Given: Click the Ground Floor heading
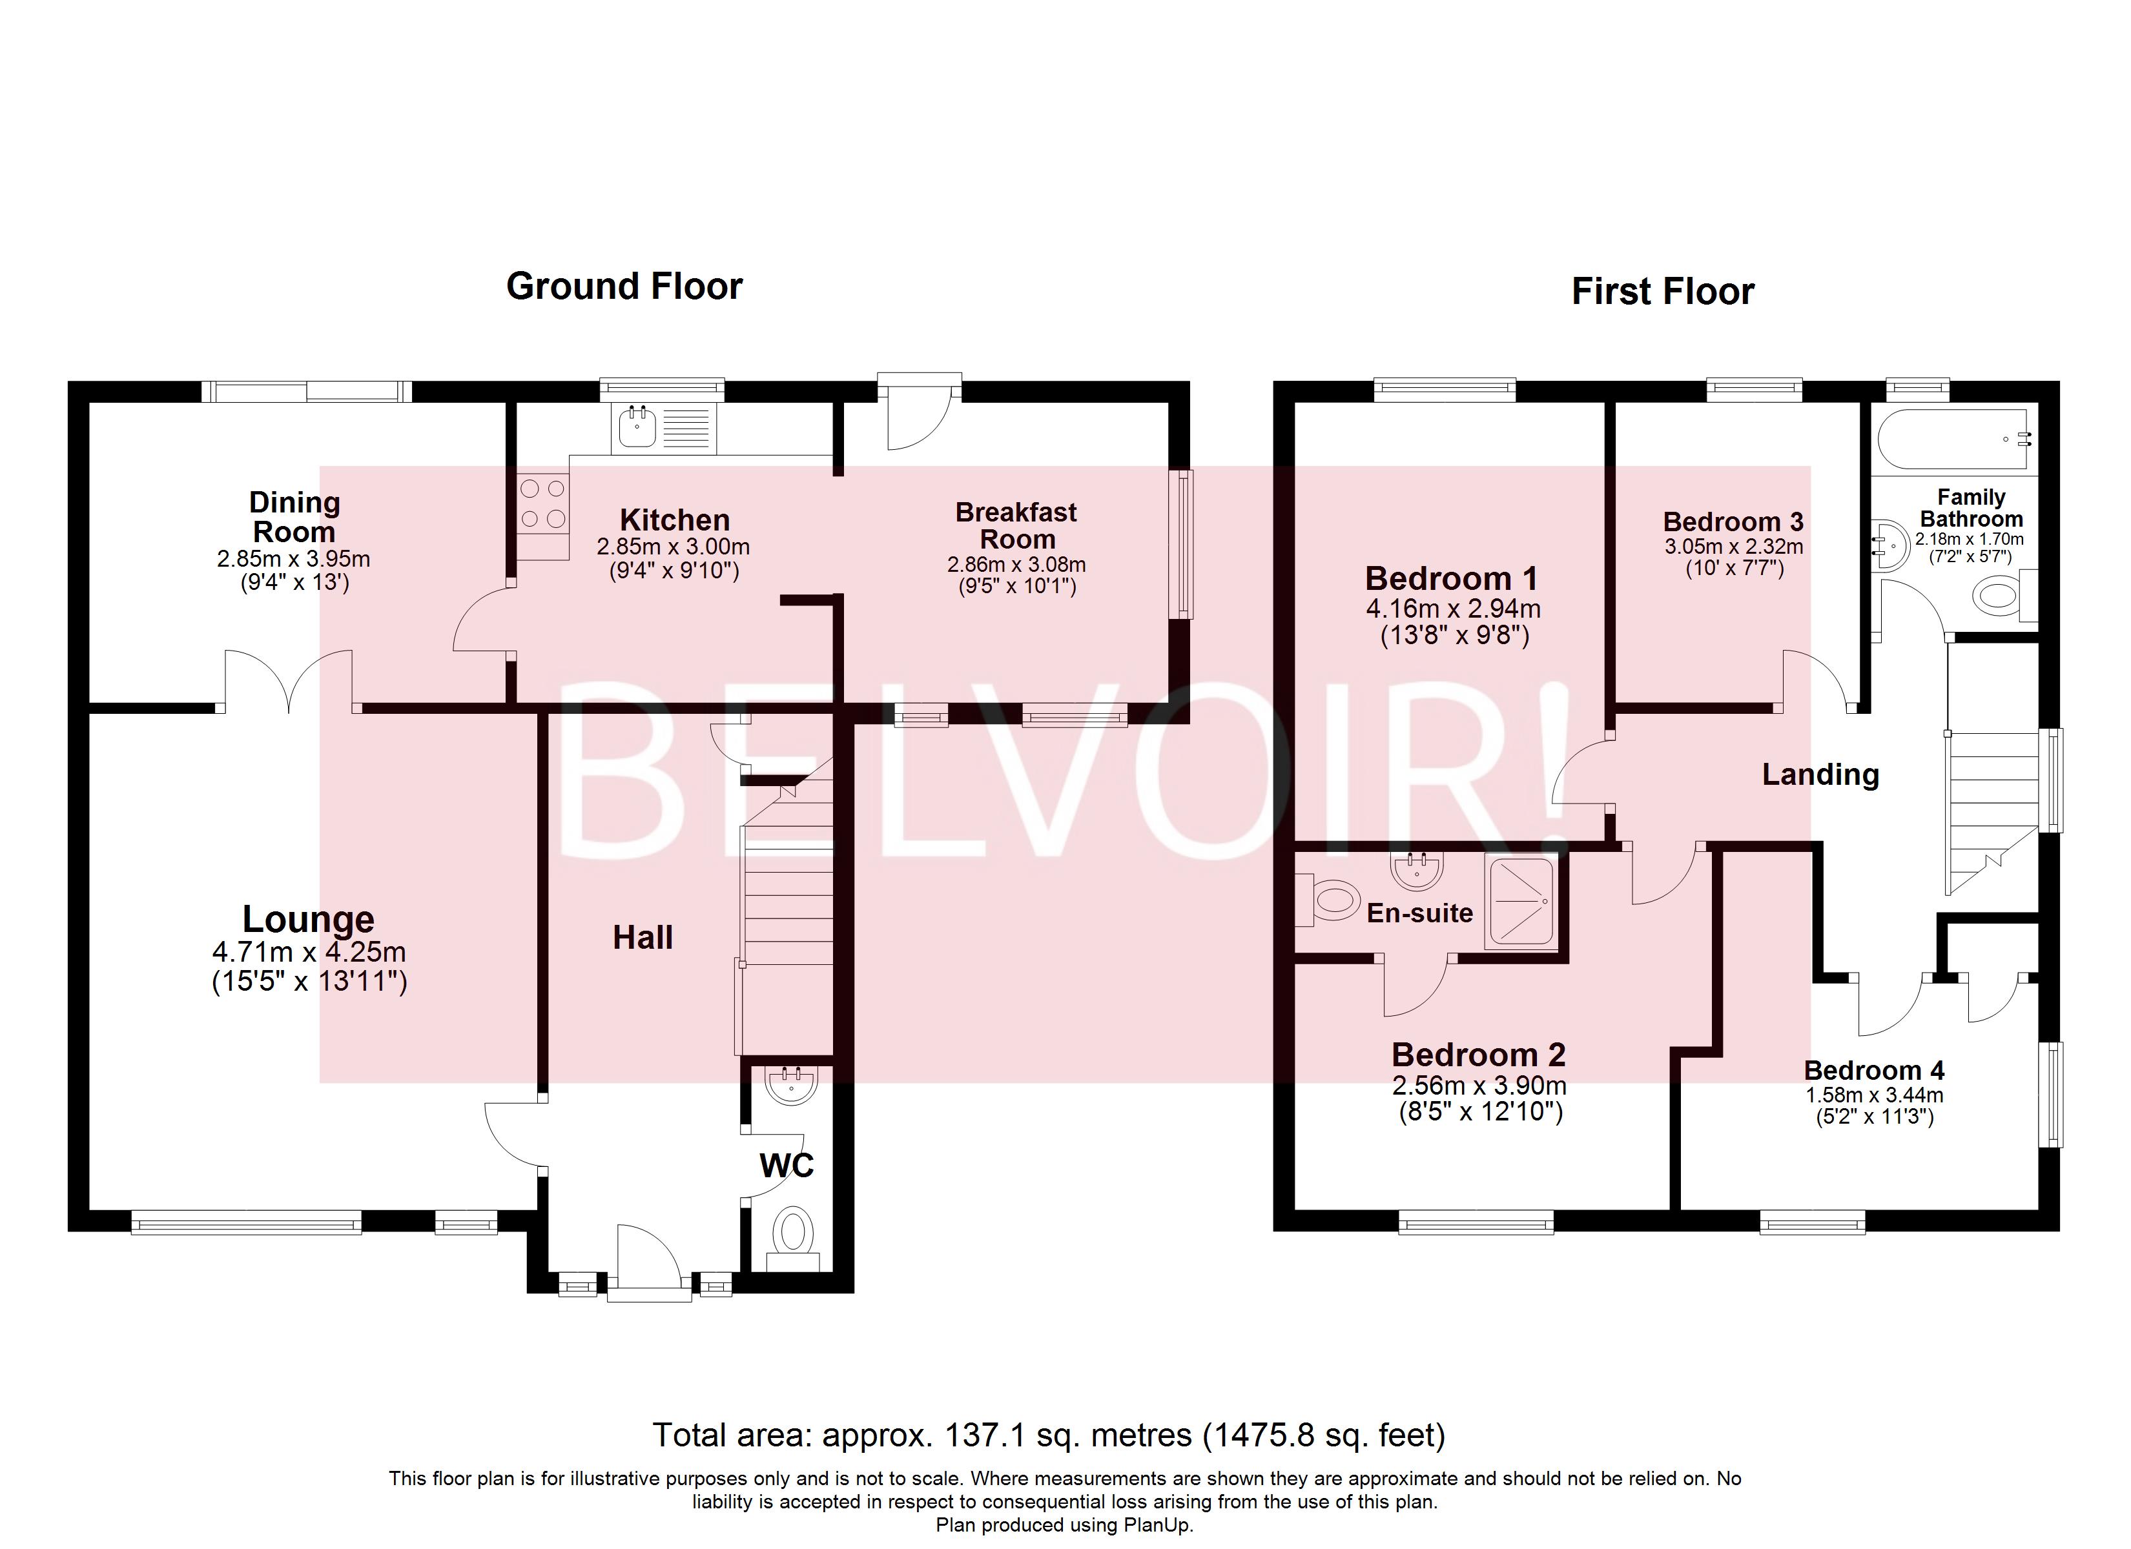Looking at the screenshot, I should pyautogui.click(x=624, y=287).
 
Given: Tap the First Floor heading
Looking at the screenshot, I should pyautogui.click(x=1662, y=292).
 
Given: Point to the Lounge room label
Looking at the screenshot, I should pyautogui.click(x=308, y=918).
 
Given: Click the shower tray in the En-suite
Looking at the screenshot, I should pyautogui.click(x=1520, y=902).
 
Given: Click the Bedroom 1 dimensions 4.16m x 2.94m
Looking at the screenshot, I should pyautogui.click(x=1452, y=609).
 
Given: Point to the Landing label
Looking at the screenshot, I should pyautogui.click(x=1820, y=775).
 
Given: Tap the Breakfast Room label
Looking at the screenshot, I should pyautogui.click(x=1016, y=526).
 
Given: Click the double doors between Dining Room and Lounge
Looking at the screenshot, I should pyautogui.click(x=289, y=680).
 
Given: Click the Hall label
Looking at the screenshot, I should pyautogui.click(x=643, y=938).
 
